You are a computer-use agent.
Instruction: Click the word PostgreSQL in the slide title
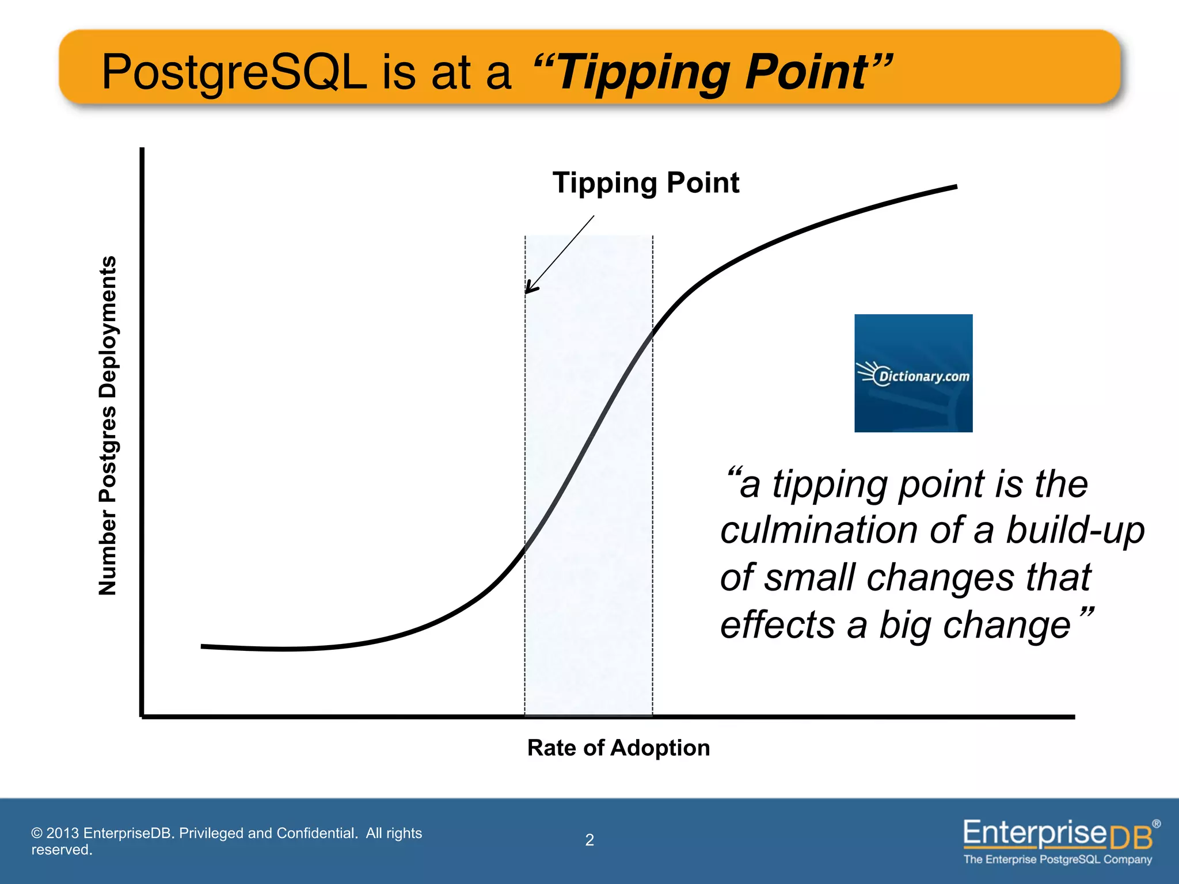[234, 73]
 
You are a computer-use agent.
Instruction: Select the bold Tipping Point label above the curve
[645, 183]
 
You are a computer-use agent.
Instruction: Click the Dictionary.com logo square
[913, 373]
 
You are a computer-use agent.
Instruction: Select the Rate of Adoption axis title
[618, 748]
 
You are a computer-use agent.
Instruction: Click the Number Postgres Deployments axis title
[108, 425]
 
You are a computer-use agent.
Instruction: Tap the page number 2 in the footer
[589, 840]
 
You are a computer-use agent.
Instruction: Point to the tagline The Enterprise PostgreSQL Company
[1058, 859]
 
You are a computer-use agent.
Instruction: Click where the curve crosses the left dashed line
[524, 548]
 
